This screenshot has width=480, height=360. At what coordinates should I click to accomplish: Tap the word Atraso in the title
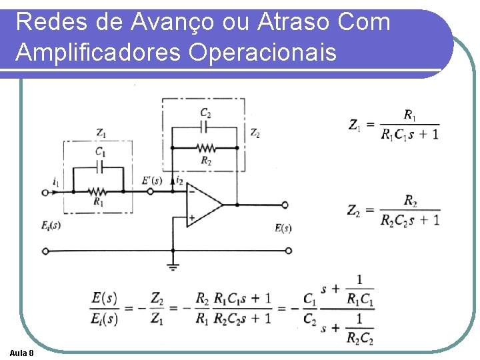click(x=277, y=23)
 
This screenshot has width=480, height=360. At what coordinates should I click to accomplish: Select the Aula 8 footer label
click(x=23, y=351)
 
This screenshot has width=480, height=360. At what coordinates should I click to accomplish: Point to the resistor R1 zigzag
click(x=97, y=191)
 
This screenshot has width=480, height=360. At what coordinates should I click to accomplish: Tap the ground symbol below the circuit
click(x=173, y=267)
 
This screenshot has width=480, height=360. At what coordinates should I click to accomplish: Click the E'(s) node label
click(x=152, y=179)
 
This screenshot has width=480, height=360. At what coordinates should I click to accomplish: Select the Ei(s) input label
click(x=51, y=225)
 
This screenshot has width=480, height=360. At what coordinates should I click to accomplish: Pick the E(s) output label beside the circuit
click(x=283, y=228)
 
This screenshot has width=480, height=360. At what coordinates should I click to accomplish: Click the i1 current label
click(x=55, y=180)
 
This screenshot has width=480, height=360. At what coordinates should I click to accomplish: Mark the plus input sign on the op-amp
click(x=191, y=217)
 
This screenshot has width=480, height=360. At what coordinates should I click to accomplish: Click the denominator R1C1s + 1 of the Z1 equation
click(x=410, y=135)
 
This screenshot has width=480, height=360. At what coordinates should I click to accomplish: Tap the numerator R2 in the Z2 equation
click(x=411, y=201)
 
